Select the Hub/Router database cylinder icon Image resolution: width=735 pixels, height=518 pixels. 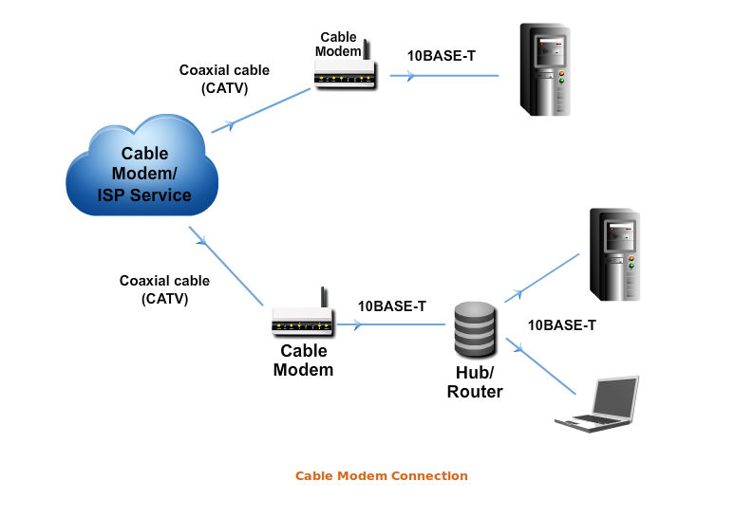coord(475,327)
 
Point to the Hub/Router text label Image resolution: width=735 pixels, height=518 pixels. coord(475,382)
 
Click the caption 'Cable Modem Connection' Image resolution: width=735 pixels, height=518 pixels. coord(382,475)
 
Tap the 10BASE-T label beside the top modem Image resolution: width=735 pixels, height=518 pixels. coord(442,56)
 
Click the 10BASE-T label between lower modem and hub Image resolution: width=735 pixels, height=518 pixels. coord(391,306)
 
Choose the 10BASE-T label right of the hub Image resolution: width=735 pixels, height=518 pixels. coord(562,325)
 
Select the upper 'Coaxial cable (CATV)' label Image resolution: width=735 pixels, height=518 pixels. coord(224,79)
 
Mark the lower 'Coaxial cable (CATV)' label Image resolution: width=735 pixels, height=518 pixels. coord(164,289)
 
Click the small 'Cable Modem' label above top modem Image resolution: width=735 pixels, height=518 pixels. coord(339,45)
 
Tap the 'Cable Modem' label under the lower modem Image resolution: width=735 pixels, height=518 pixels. coord(303,361)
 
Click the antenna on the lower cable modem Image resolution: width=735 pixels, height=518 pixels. coord(323,297)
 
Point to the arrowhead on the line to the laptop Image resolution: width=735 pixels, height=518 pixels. coord(524,352)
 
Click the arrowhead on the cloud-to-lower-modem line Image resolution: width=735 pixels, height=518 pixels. coord(201,241)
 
